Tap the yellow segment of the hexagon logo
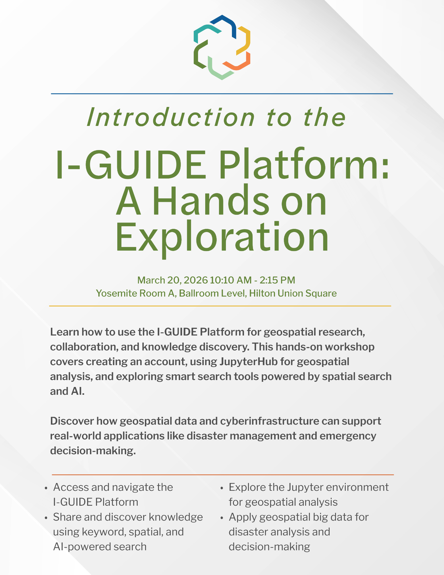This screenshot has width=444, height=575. (x=246, y=40)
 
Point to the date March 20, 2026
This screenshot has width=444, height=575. (x=172, y=280)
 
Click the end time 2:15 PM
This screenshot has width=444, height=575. (x=277, y=280)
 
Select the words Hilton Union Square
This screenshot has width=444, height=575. (x=293, y=293)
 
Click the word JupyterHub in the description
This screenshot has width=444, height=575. (x=249, y=362)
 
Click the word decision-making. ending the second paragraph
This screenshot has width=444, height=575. (x=93, y=451)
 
